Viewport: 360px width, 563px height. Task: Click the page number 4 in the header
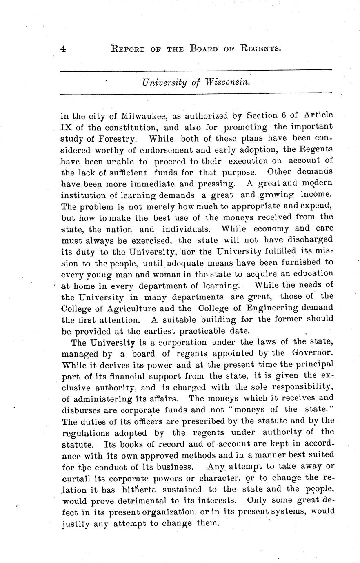[x=63, y=49]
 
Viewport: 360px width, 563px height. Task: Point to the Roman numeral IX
[x=67, y=127]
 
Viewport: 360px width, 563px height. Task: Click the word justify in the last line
[x=75, y=523]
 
